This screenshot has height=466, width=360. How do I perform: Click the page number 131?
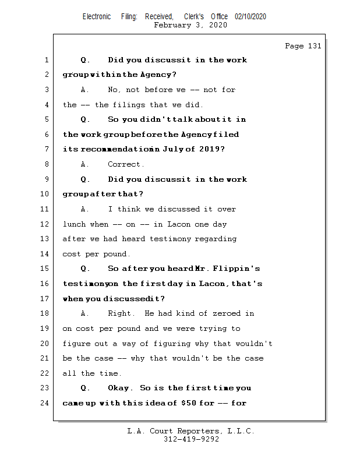tap(314, 46)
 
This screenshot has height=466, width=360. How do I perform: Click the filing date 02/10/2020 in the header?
tap(250, 17)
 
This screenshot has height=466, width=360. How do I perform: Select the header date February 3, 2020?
tap(190, 25)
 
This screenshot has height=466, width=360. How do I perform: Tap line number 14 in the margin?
tap(45, 253)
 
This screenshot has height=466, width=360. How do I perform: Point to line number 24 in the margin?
tap(45, 403)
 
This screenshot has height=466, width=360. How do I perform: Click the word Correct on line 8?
tap(126, 164)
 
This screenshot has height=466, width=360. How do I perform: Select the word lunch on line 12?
tap(74, 224)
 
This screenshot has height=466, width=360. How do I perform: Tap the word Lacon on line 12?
tap(179, 224)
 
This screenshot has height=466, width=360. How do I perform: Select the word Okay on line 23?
tap(121, 388)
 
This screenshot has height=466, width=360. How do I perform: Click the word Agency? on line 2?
tap(157, 75)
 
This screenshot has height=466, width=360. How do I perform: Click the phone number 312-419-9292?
tap(190, 439)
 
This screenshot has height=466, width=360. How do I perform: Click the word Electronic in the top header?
tap(97, 17)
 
